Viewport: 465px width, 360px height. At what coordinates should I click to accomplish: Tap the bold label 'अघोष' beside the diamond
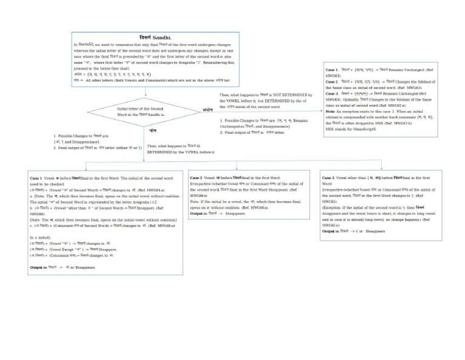(x=208, y=110)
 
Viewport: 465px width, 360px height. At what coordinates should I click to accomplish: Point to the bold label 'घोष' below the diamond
(x=153, y=130)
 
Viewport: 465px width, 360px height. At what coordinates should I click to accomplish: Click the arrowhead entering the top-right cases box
(x=320, y=111)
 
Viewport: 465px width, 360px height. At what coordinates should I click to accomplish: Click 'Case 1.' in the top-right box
(x=332, y=70)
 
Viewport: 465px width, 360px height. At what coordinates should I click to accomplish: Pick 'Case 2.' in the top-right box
(x=332, y=81)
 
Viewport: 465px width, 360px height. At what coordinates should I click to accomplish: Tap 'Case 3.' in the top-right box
(x=332, y=93)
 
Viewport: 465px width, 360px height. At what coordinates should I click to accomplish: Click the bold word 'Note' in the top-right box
(x=330, y=112)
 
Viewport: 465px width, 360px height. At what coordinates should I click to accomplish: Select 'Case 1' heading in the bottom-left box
(x=37, y=178)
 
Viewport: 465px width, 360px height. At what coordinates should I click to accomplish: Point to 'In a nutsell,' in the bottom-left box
(x=41, y=238)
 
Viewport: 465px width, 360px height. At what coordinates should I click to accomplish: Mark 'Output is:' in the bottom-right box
(x=331, y=231)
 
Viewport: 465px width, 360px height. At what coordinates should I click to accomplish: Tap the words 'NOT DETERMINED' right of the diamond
(x=279, y=95)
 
